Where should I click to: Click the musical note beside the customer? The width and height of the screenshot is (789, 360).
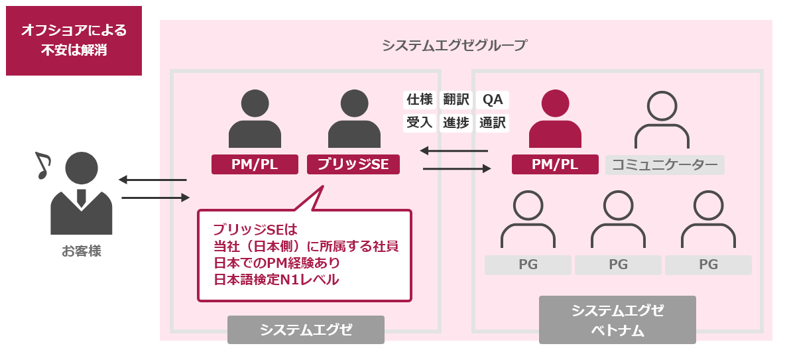coord(42,165)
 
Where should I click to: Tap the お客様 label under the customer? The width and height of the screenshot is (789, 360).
coord(82,251)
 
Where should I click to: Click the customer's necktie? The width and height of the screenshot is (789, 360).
coord(82,197)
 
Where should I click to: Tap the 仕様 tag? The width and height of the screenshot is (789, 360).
coord(419,100)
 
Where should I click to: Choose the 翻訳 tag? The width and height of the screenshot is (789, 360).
coord(456,100)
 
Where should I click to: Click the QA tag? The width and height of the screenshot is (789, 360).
coord(493,100)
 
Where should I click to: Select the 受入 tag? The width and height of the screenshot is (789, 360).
coord(419,123)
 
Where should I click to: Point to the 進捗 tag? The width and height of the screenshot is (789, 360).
coord(456,123)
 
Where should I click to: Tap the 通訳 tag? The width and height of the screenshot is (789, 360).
coord(493,123)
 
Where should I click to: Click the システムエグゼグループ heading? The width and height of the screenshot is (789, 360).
coord(454,46)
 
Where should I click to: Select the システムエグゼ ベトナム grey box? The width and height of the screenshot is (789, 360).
coord(617,320)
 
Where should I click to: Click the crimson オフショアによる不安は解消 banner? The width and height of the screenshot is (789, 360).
coord(74,40)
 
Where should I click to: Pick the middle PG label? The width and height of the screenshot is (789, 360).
coord(618,265)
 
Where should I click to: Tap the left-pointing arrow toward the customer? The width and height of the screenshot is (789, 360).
coord(152,180)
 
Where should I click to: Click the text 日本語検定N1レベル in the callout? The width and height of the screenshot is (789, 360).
coord(276,280)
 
